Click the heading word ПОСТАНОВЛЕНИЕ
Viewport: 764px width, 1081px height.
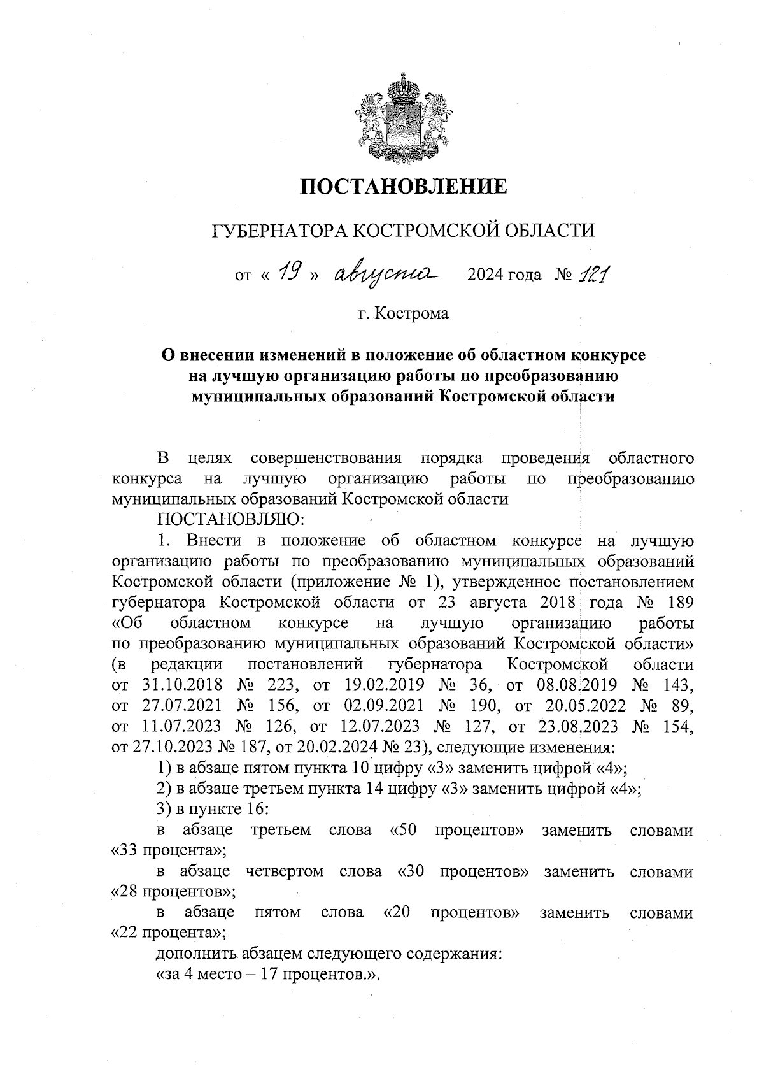pos(404,187)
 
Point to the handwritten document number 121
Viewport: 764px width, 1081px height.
pos(593,274)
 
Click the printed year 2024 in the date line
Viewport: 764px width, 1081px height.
pos(486,275)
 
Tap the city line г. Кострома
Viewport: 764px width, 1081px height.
pos(403,313)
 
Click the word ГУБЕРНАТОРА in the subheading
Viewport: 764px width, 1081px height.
pos(280,230)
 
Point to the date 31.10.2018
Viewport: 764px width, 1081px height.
pos(180,685)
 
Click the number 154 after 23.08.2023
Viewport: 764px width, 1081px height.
pos(677,727)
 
